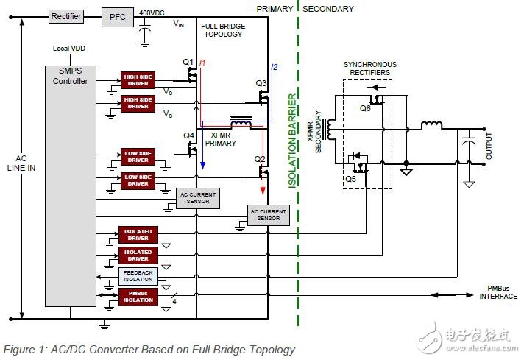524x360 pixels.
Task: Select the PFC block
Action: [118, 15]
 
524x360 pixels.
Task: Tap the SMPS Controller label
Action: [71, 76]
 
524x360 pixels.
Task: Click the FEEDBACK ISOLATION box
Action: [138, 277]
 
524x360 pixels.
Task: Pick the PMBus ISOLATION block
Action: [138, 297]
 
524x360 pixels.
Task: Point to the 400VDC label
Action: [152, 13]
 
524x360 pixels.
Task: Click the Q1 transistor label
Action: [188, 62]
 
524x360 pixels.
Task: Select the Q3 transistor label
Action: [261, 83]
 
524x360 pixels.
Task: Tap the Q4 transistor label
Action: [188, 135]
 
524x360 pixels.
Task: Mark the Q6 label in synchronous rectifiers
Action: [365, 107]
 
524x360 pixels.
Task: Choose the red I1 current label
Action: [203, 63]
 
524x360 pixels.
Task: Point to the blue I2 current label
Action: [274, 68]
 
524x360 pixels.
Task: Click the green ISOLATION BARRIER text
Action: [292, 141]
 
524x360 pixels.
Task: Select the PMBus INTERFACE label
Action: [498, 293]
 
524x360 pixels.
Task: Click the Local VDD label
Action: [70, 49]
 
